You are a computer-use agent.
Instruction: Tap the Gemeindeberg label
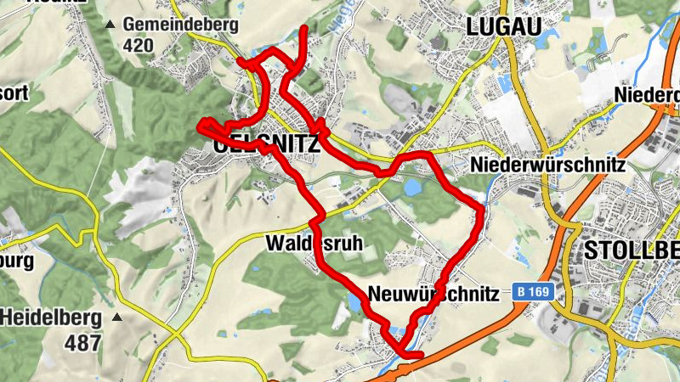[180, 24]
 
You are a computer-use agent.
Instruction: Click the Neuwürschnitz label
[433, 294]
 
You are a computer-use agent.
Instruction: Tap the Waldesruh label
[314, 243]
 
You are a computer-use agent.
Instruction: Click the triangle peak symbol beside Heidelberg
[116, 318]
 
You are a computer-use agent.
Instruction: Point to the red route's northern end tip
[305, 30]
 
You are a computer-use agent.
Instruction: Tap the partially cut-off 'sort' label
[14, 93]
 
